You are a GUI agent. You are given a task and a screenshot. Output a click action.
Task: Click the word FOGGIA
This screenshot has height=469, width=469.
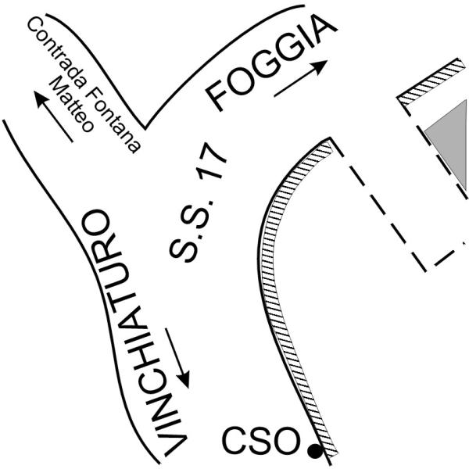click(271, 63)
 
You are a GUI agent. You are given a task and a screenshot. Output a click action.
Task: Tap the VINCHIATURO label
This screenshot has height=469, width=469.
click(134, 332)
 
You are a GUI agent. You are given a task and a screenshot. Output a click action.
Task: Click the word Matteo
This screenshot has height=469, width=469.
click(71, 104)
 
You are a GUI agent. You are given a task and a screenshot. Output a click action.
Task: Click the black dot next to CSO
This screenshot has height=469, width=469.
click(315, 451)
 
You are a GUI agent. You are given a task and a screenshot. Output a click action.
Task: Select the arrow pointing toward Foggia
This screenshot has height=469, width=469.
click(301, 78)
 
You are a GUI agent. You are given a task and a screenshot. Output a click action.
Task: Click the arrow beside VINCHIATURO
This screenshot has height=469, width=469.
click(177, 358)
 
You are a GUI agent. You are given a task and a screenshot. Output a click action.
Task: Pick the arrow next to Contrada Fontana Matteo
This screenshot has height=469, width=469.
click(53, 116)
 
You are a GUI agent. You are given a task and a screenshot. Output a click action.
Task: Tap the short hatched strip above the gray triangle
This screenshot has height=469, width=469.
click(431, 81)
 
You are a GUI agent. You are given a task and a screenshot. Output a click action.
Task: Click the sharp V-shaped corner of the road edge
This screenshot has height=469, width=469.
click(145, 129)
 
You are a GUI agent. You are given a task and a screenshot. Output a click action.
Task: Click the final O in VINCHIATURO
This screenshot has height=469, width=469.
click(96, 223)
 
